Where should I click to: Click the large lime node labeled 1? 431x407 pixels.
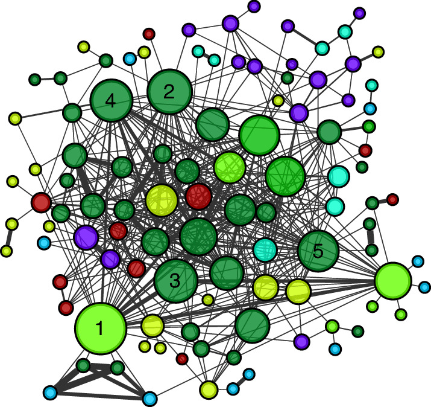point(100,328)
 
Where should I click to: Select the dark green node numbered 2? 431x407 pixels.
point(169,92)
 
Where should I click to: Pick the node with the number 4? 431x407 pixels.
point(111,101)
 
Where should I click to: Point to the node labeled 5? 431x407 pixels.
point(318,251)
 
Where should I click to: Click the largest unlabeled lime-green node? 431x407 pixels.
point(392,280)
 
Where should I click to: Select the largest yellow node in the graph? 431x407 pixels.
point(162,200)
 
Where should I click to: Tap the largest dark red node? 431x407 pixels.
point(198,196)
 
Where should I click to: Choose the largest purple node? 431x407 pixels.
point(86,237)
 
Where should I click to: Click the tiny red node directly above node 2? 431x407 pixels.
point(149,34)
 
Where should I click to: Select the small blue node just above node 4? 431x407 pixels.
point(130,59)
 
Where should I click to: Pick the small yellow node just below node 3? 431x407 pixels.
point(208,300)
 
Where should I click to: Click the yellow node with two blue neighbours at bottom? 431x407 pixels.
point(209,389)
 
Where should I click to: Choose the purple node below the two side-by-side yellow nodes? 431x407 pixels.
point(301,341)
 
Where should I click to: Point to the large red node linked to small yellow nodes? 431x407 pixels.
point(41,202)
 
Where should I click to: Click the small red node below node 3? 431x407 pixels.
point(182,359)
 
